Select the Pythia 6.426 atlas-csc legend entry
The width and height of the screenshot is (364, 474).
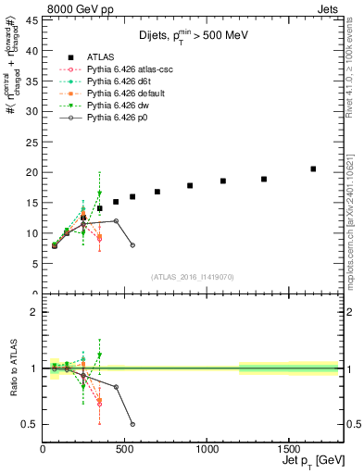(130, 69)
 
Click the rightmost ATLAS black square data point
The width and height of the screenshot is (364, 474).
(313, 168)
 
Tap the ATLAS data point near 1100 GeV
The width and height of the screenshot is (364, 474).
(223, 181)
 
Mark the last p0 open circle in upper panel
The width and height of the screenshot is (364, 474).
(132, 245)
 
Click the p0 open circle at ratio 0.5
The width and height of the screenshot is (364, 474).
(132, 424)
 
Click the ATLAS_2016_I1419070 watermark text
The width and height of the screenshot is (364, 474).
(193, 277)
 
